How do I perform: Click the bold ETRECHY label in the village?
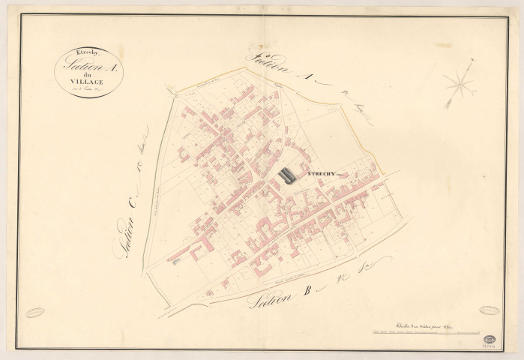(320, 173)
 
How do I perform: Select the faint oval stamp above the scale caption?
(489, 310)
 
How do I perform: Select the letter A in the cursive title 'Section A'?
(113, 64)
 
